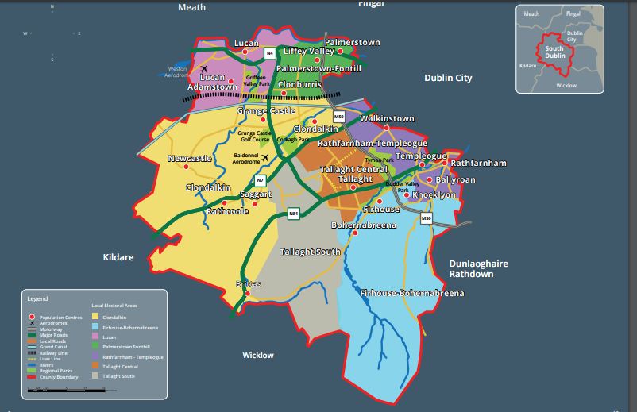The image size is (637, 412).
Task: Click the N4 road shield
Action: [x=270, y=54]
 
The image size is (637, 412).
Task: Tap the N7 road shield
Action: [x=260, y=180]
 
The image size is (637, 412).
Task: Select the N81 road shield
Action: [x=293, y=213]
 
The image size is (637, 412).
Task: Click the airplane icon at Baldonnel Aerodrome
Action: [x=265, y=156]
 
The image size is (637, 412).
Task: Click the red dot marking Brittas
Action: [x=248, y=294]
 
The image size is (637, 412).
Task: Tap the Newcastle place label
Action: [x=190, y=159]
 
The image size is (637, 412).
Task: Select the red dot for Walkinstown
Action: [x=387, y=128]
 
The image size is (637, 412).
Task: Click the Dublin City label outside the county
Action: [x=448, y=78]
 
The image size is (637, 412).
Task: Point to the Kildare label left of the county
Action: [x=118, y=258]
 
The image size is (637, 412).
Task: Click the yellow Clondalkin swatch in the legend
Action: [x=96, y=318]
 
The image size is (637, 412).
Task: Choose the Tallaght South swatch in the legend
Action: [x=96, y=375]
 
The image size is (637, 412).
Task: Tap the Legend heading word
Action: [x=37, y=299]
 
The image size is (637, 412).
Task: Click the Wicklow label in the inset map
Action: [x=566, y=85]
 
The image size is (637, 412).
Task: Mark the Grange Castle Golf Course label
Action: [x=254, y=136]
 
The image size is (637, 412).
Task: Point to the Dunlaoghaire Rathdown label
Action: [x=478, y=268]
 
